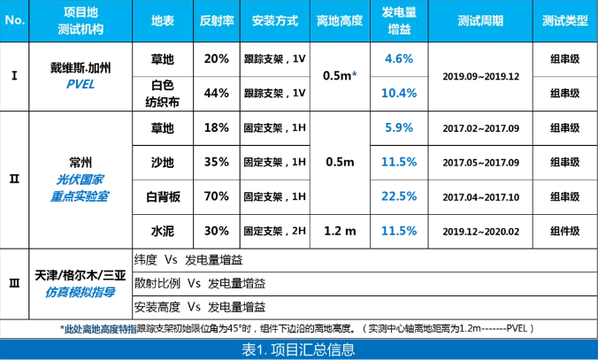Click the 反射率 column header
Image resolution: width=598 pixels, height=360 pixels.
pos(216,19)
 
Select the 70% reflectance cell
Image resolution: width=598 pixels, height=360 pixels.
pos(216,195)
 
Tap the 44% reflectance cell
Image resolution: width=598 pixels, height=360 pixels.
pos(216,93)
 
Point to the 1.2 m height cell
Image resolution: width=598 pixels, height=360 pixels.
pos(339,230)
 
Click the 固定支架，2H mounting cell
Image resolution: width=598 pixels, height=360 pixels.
pos(274,231)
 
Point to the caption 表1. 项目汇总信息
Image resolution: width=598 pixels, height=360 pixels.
pos(298,349)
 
